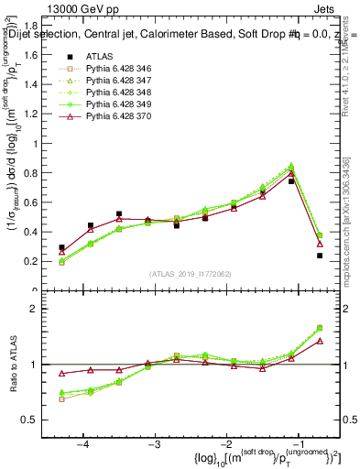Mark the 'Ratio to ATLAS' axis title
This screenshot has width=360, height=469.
coord(16,364)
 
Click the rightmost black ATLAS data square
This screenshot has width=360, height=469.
coord(320,256)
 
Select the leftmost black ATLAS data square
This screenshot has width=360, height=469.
coord(61,247)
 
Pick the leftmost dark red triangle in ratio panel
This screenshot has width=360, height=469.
coord(61,374)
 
